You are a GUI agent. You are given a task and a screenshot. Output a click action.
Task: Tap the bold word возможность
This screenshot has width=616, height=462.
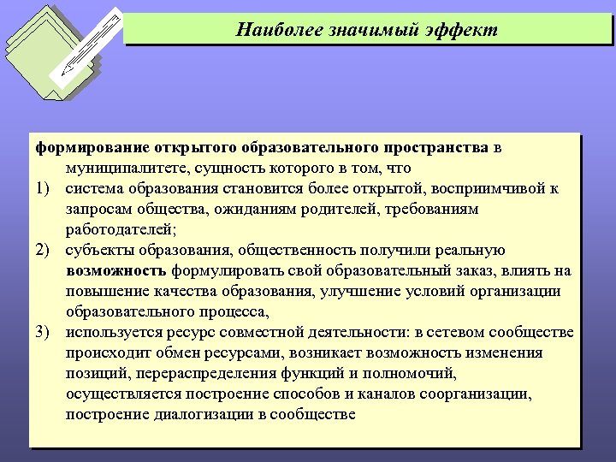click(x=115, y=271)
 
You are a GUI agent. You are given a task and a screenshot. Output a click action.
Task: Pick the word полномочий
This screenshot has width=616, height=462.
click(x=416, y=374)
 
